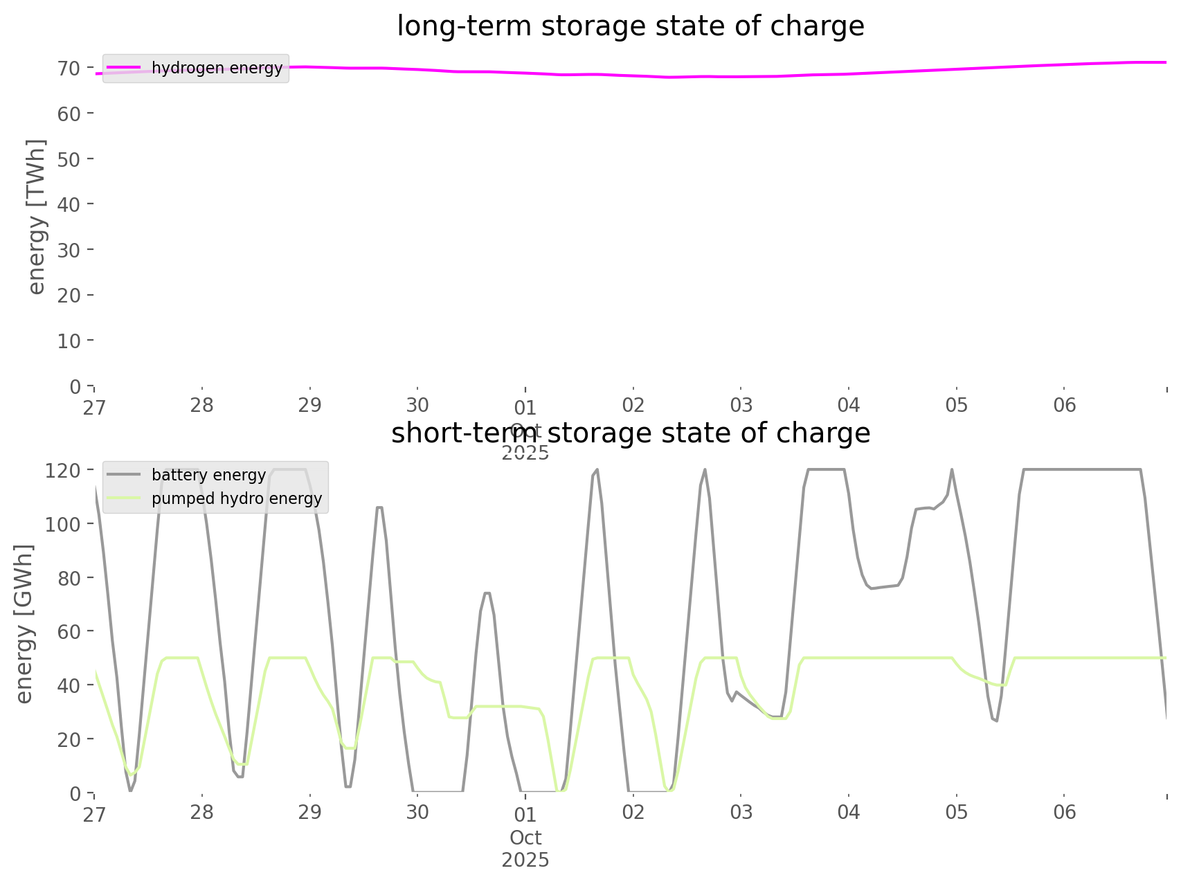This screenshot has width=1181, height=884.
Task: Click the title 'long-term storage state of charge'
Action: [x=630, y=27]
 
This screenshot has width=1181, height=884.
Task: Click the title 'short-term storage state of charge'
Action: [x=630, y=433]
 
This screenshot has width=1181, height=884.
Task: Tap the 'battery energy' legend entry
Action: [x=208, y=475]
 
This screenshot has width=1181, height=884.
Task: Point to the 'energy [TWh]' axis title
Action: [x=37, y=217]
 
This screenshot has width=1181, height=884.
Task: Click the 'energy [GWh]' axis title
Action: [x=24, y=624]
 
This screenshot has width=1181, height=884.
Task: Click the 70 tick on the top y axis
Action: [x=69, y=68]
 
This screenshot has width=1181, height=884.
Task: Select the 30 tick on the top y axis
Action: [x=69, y=250]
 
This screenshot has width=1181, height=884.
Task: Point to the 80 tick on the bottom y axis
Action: [x=69, y=577]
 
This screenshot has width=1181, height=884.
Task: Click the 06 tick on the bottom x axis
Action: [x=1065, y=812]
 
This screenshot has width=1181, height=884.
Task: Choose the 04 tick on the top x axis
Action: [x=849, y=405]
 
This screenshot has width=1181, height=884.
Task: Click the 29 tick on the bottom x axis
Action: [x=310, y=812]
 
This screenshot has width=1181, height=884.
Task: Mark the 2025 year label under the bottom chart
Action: [x=525, y=860]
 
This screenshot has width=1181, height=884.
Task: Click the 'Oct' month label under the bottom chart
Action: [x=525, y=838]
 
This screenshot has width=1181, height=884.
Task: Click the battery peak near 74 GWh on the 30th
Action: [x=487, y=593]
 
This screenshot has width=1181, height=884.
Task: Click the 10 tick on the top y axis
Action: [x=69, y=341]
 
